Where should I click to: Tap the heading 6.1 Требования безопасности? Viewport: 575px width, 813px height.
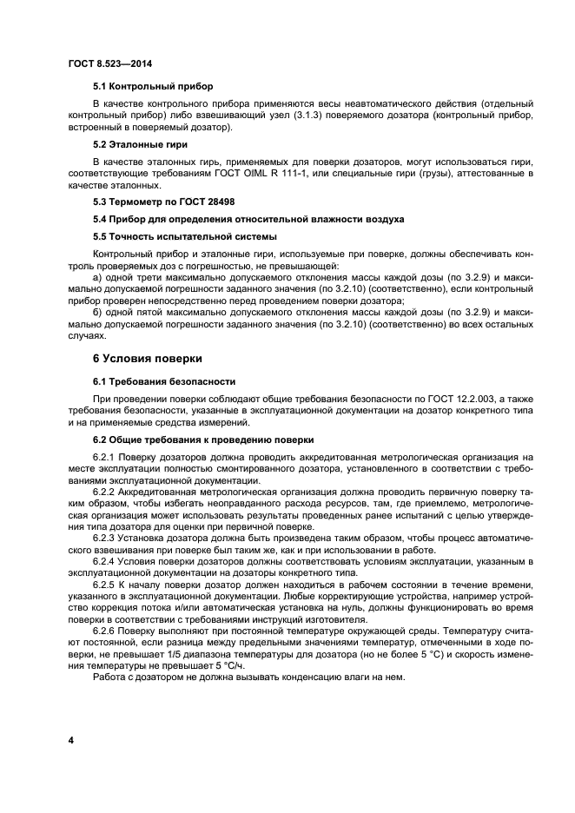[164, 381]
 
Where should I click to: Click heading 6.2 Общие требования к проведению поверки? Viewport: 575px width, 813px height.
[203, 440]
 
